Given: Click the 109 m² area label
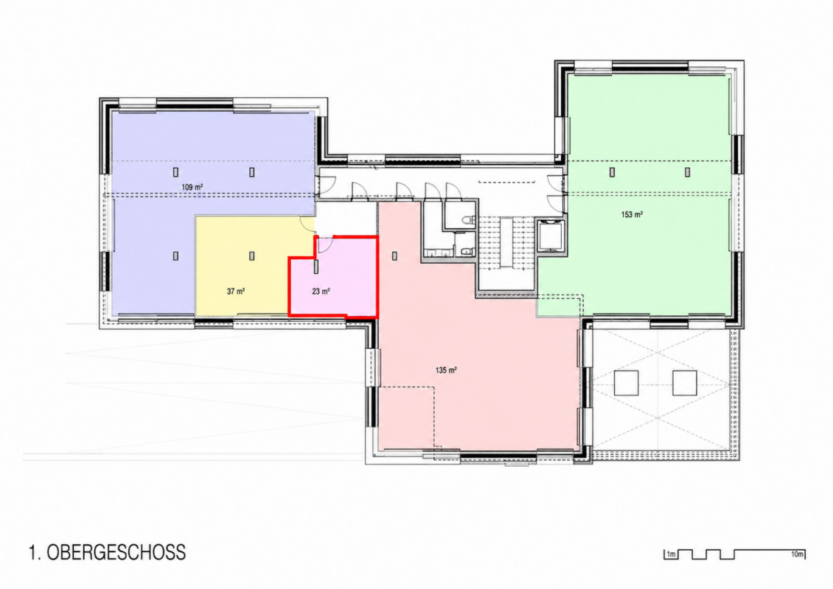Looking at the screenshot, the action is (x=192, y=187).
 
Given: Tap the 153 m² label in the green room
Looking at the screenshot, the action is (x=632, y=215).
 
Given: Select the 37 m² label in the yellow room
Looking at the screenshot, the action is (x=235, y=292).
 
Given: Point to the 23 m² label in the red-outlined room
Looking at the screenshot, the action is (x=321, y=292).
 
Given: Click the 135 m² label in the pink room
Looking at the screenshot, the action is (x=446, y=370).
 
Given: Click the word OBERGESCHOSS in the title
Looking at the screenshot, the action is (x=116, y=552).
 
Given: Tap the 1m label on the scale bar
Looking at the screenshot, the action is (x=671, y=555).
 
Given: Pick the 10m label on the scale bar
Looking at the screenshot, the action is (x=797, y=554).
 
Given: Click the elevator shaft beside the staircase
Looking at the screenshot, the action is (x=549, y=236).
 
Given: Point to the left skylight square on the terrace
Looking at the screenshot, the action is (x=627, y=383).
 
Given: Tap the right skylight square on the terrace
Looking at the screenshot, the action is (x=684, y=383).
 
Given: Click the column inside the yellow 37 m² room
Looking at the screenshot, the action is (x=252, y=255).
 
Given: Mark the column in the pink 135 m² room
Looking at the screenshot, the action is (x=394, y=255).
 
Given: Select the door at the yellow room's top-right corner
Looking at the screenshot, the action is (x=307, y=223).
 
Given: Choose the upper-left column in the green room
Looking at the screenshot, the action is (x=612, y=172).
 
